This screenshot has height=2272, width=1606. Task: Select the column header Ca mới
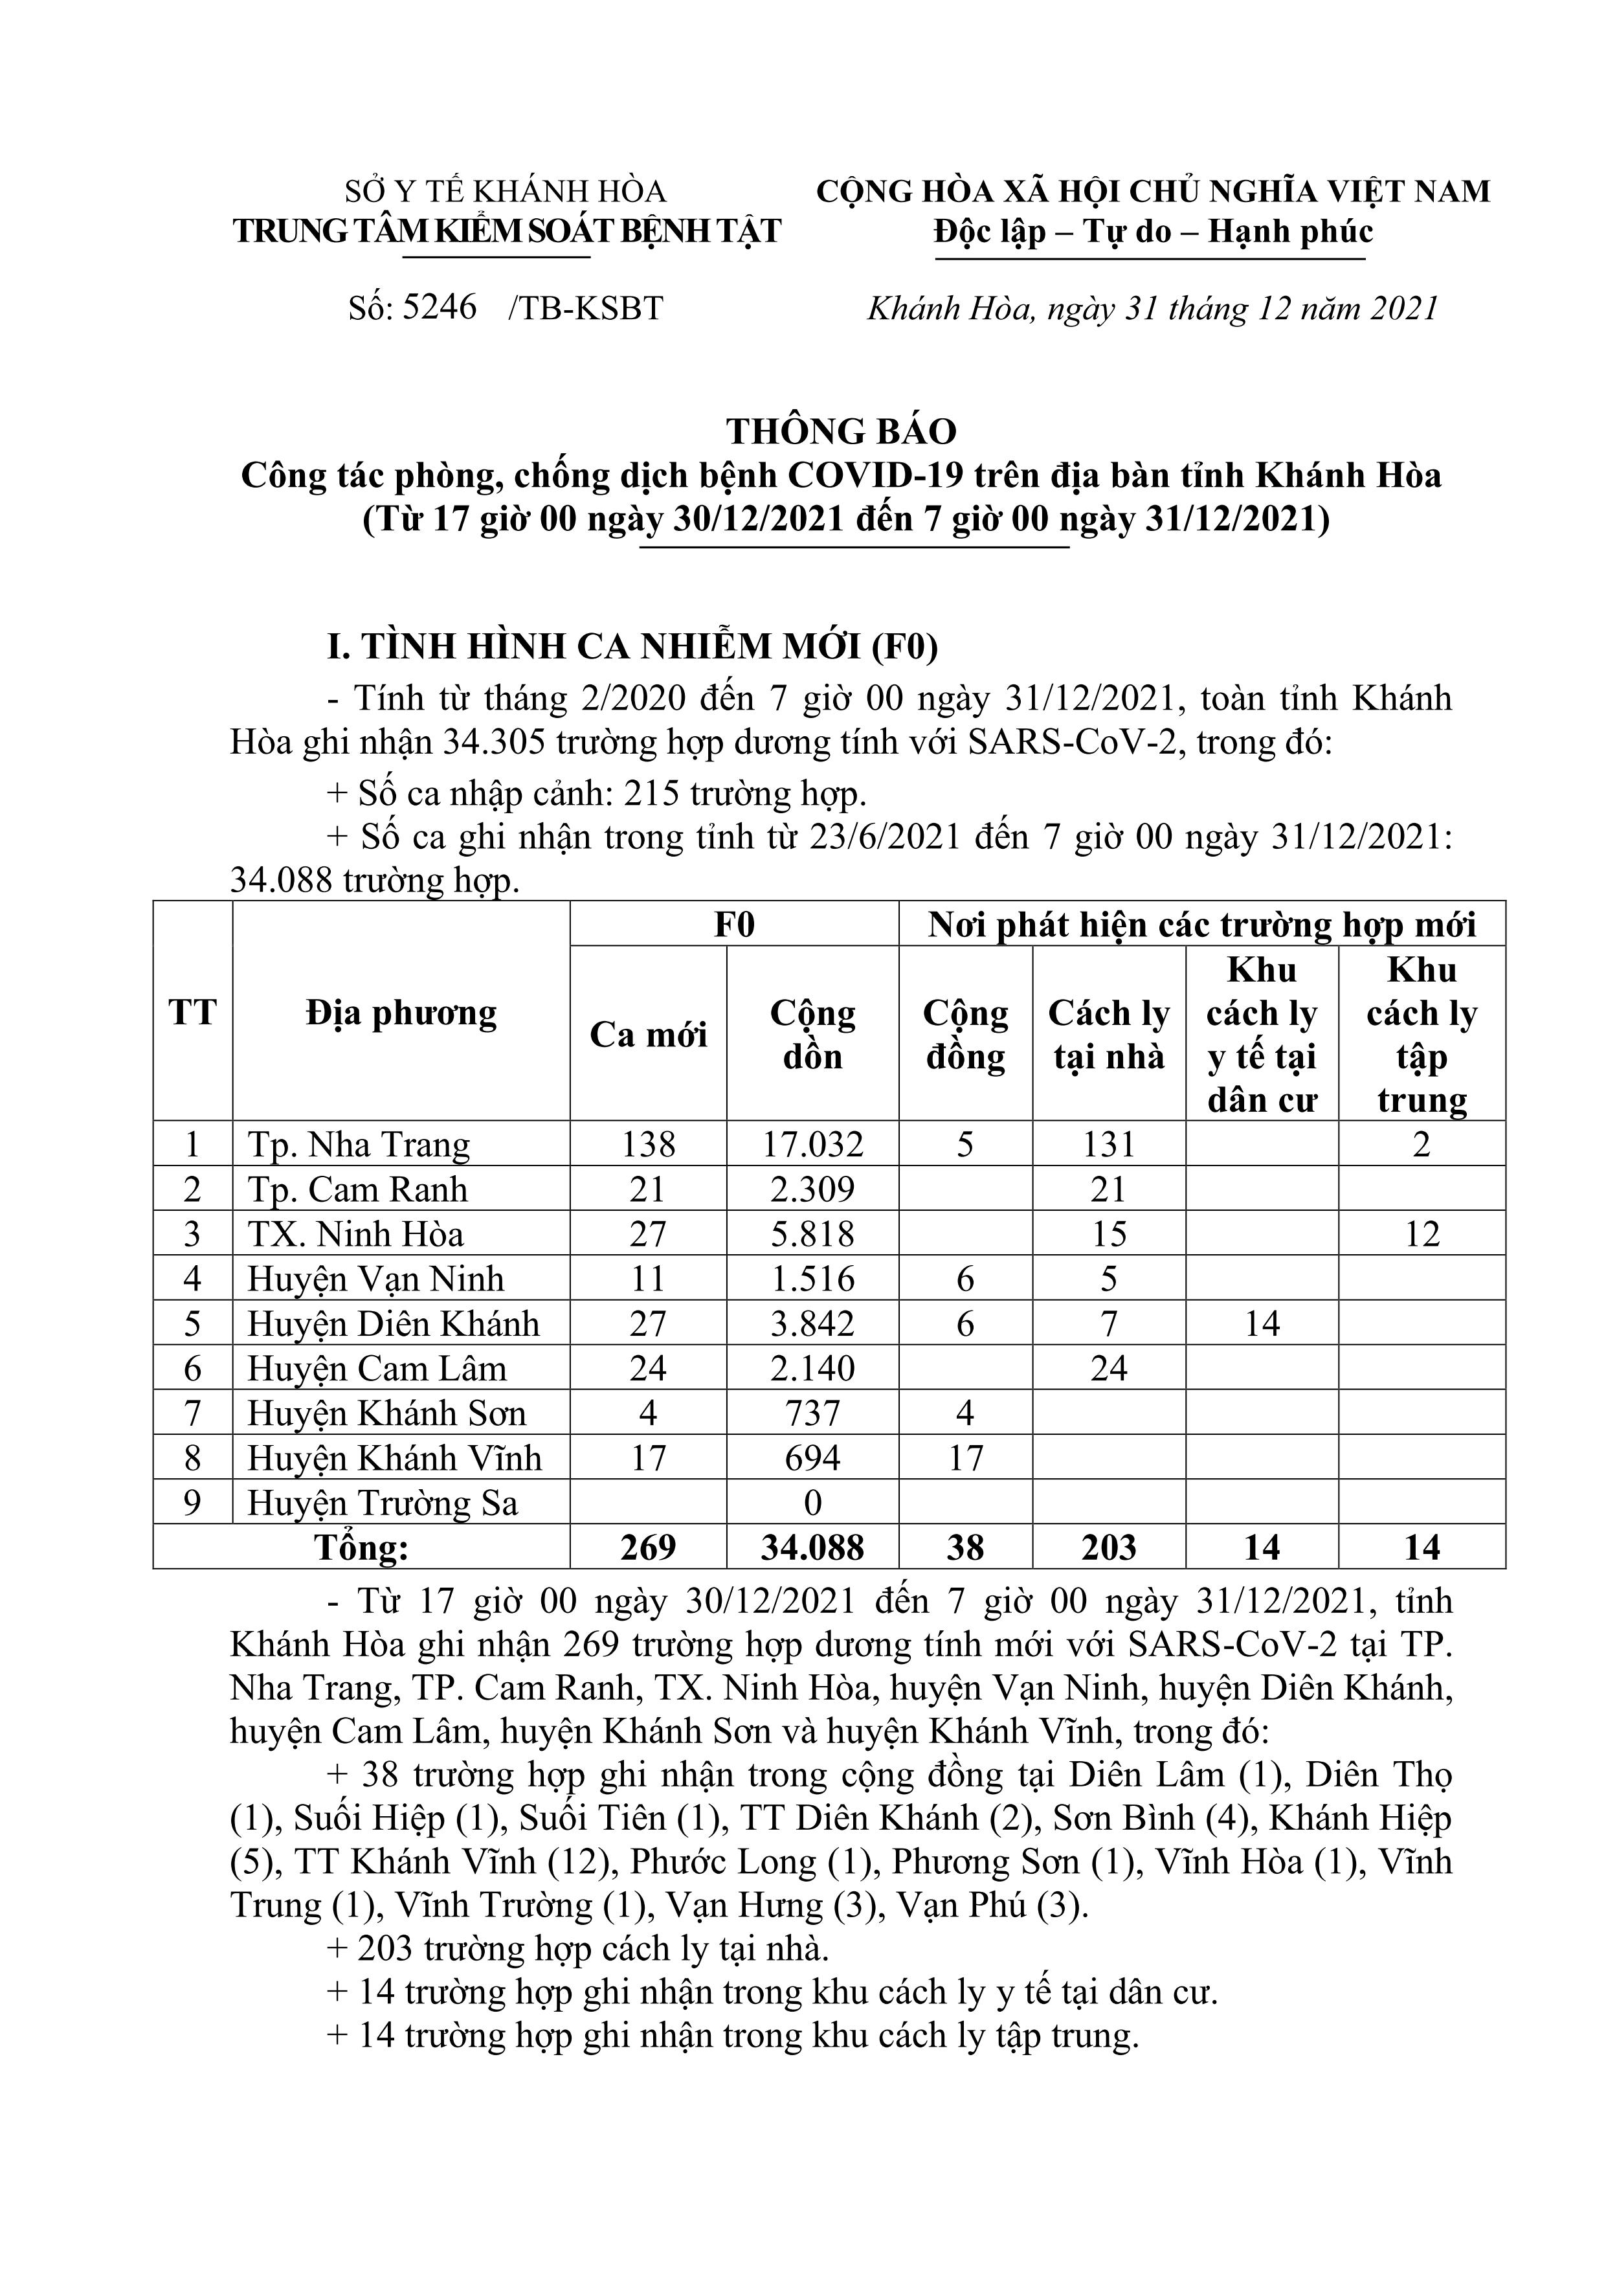[648, 1034]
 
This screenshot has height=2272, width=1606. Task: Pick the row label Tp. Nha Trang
[358, 1145]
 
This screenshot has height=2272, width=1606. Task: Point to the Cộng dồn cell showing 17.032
[812, 1145]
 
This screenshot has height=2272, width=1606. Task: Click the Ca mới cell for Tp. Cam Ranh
[648, 1189]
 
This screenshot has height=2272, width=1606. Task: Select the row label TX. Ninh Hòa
[355, 1234]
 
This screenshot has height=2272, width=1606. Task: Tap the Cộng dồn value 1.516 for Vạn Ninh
[812, 1279]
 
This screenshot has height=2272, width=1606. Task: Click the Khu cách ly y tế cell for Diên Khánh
[1262, 1324]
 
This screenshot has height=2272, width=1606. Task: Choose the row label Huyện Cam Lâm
[376, 1369]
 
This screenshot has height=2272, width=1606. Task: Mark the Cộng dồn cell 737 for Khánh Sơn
[812, 1413]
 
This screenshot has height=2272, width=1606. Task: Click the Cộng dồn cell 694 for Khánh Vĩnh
[812, 1457]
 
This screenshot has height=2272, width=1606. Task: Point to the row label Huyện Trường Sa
[382, 1503]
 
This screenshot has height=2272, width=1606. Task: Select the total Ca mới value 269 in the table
[648, 1547]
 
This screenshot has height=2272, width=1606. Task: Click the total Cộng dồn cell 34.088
[812, 1547]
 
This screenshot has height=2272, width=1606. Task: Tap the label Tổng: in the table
[361, 1547]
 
